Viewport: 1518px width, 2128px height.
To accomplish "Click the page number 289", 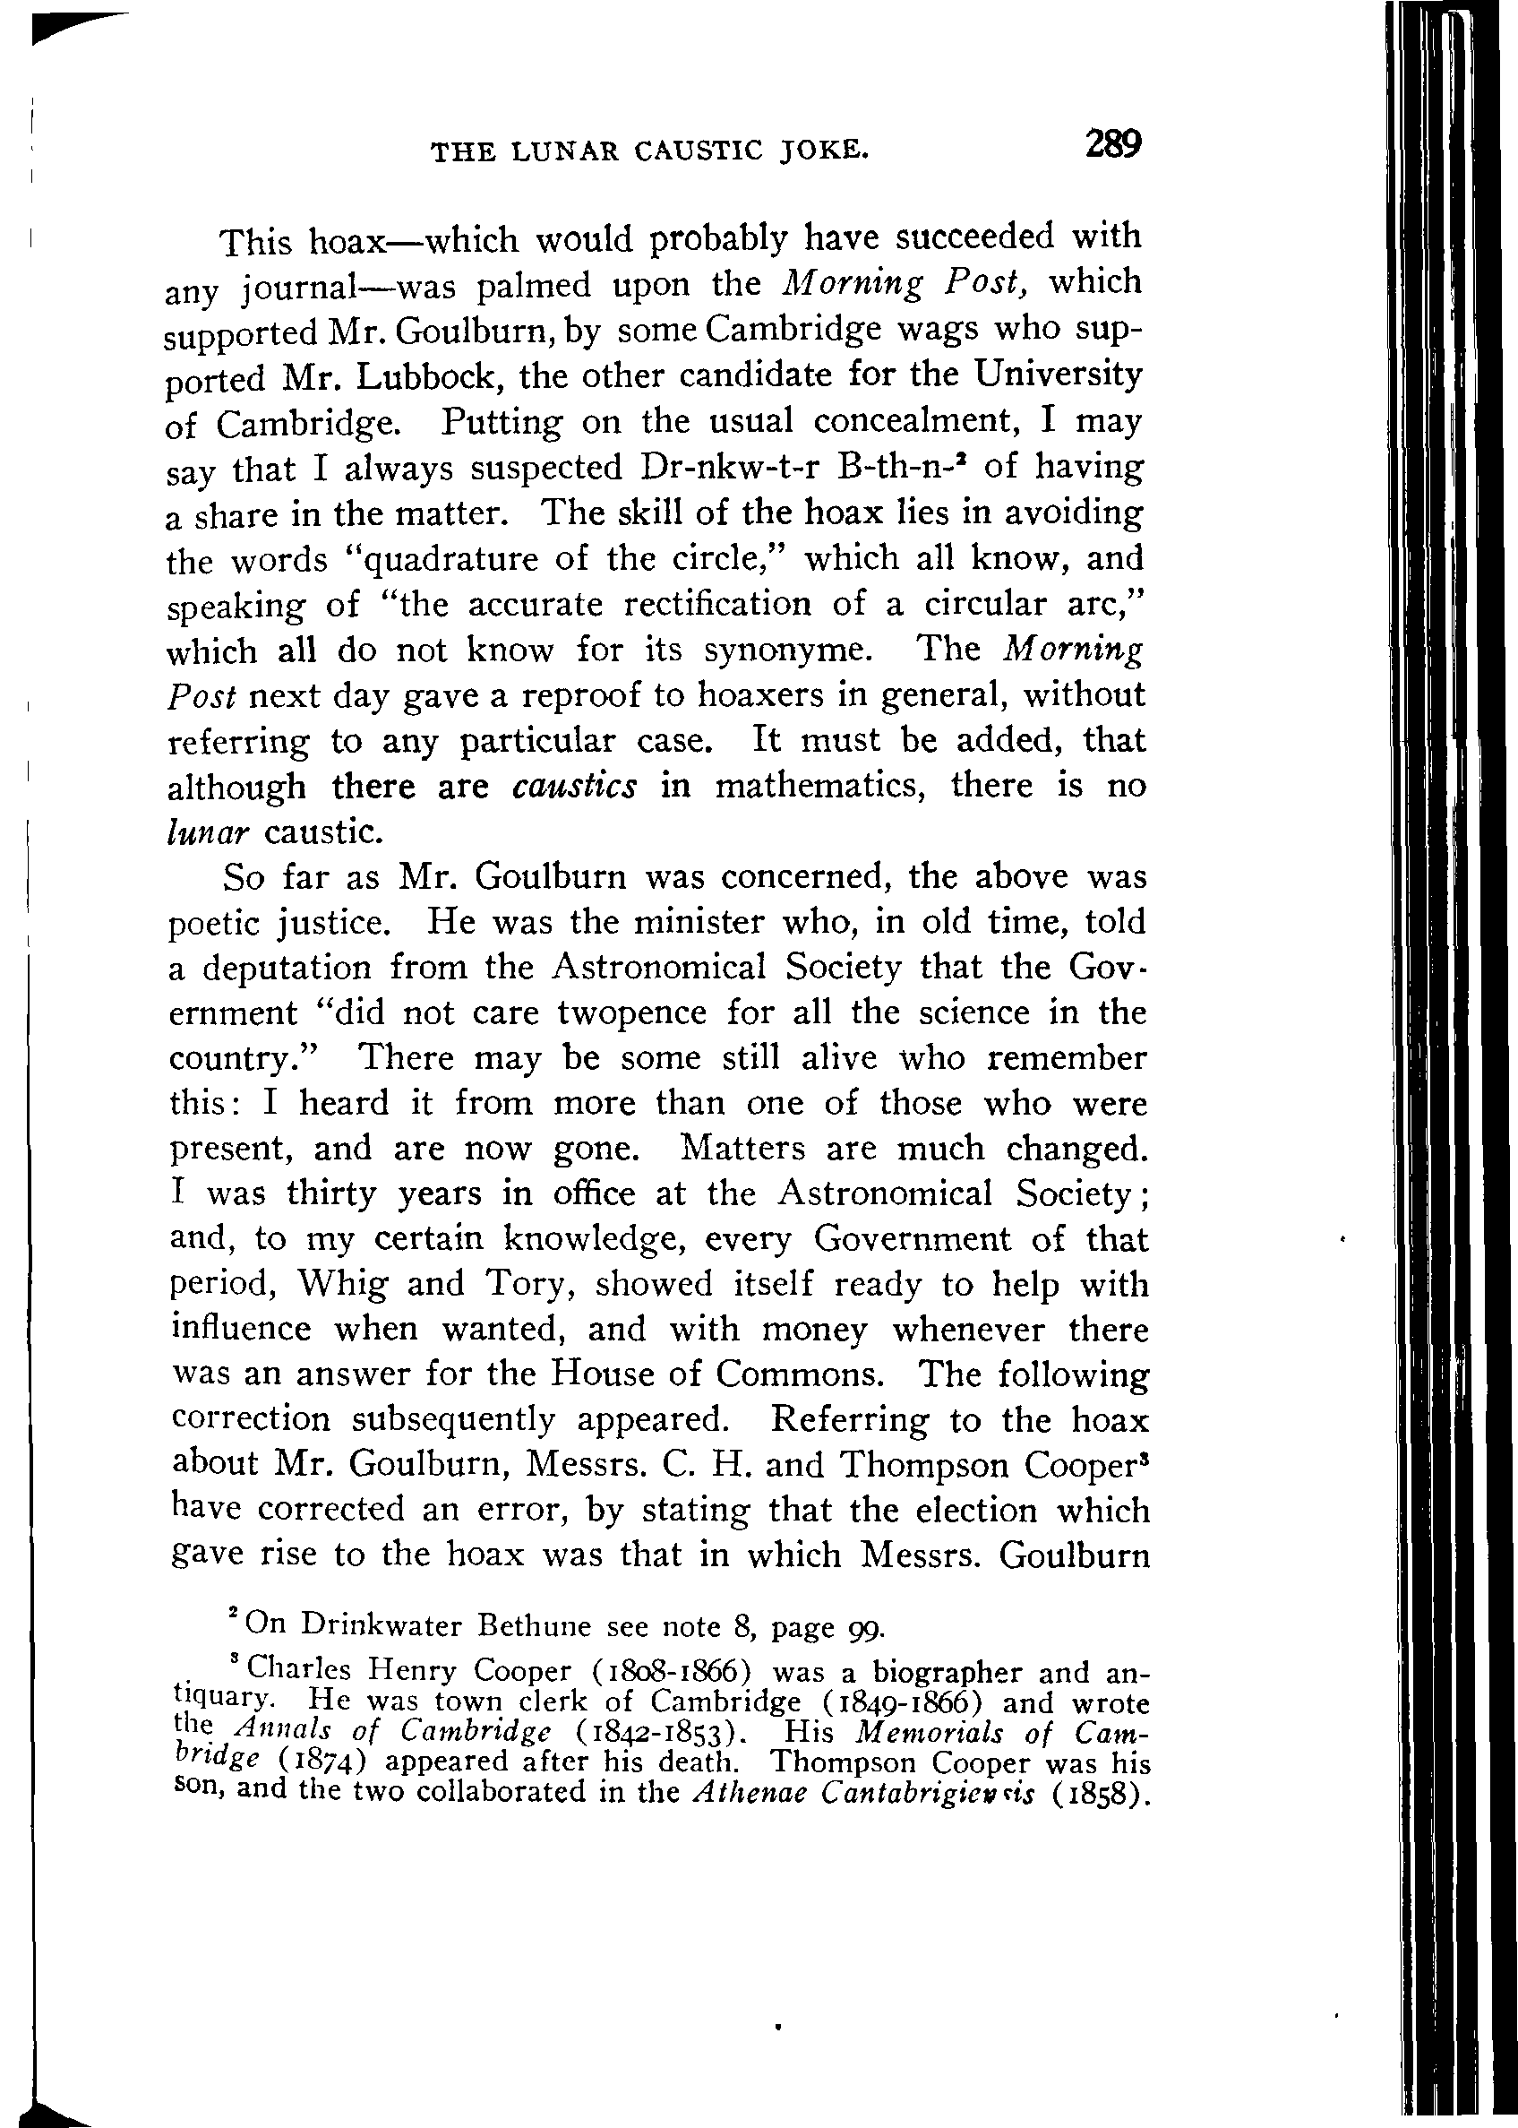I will [1112, 145].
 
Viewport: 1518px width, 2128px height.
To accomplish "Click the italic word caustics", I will [574, 786].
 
